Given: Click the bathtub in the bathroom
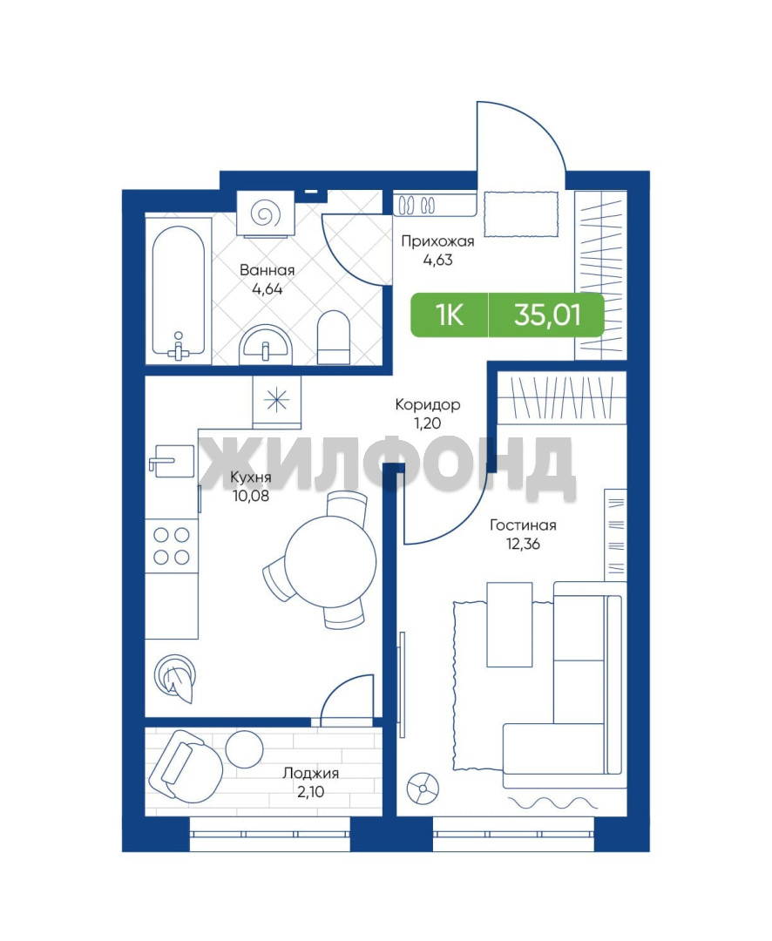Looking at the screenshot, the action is pyautogui.click(x=179, y=291).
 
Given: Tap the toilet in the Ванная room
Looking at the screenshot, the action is pyautogui.click(x=333, y=336).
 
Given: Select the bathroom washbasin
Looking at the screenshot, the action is pyautogui.click(x=266, y=345).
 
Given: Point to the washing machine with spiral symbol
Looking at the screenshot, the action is pyautogui.click(x=265, y=213).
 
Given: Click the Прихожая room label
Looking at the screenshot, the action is pyautogui.click(x=437, y=241).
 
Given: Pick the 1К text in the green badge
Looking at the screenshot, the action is pyautogui.click(x=450, y=315).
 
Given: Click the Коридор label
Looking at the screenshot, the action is pyautogui.click(x=428, y=404).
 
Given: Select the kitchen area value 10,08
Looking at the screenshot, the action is pyautogui.click(x=251, y=496).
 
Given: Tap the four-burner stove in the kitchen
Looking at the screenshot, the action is pyautogui.click(x=171, y=545).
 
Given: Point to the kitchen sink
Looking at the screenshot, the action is pyautogui.click(x=172, y=462).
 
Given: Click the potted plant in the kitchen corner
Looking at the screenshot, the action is pyautogui.click(x=174, y=678).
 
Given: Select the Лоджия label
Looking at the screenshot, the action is pyautogui.click(x=311, y=773).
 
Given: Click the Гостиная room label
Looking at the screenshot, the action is pyautogui.click(x=523, y=525).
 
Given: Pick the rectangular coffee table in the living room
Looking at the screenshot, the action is pyautogui.click(x=510, y=624).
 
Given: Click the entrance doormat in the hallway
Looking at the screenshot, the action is pyautogui.click(x=521, y=214).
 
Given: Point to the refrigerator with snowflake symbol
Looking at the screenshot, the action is pyautogui.click(x=277, y=402).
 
